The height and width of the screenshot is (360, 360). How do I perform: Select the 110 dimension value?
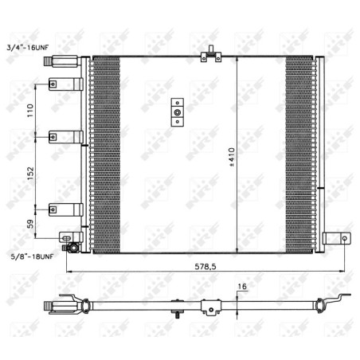(x=31, y=110)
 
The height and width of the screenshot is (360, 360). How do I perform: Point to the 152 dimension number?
(x=31, y=173)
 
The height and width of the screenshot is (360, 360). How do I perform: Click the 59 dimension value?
(x=31, y=225)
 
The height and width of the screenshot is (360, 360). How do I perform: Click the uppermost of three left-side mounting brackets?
(x=57, y=84)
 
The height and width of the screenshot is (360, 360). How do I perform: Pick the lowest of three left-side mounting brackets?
(x=57, y=209)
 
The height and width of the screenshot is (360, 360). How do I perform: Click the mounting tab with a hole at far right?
(x=340, y=237)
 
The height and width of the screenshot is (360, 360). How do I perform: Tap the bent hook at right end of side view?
(x=344, y=299)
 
